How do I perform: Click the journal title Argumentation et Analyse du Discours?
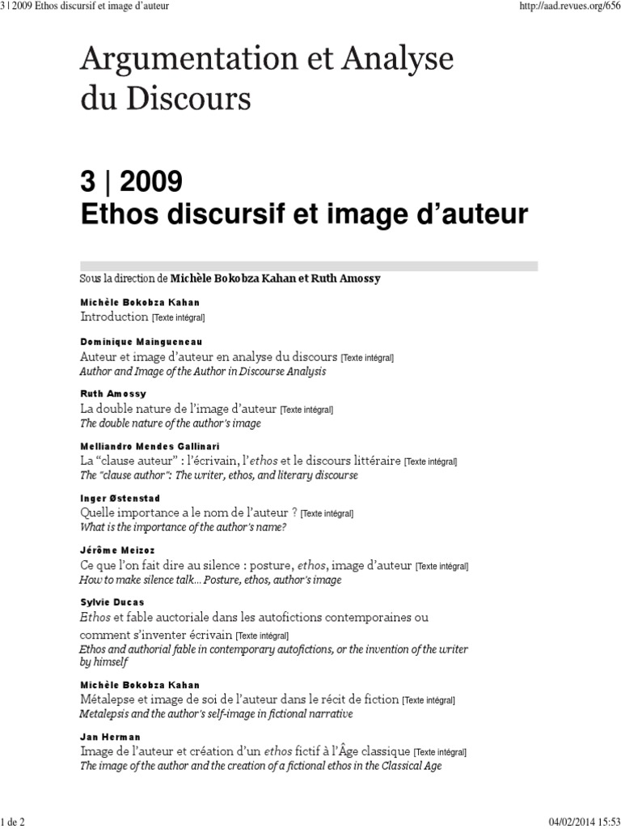click(x=266, y=79)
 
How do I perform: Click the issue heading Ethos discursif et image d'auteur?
click(x=303, y=215)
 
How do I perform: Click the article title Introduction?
click(x=114, y=317)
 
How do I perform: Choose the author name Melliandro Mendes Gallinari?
click(x=150, y=446)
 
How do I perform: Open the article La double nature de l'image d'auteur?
click(x=178, y=408)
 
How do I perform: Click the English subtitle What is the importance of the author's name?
click(x=183, y=527)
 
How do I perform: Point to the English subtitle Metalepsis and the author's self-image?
click(x=216, y=714)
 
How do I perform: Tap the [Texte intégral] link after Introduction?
click(x=179, y=318)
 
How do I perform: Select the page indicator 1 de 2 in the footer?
click(x=14, y=823)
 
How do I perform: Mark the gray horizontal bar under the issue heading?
click(x=308, y=266)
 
